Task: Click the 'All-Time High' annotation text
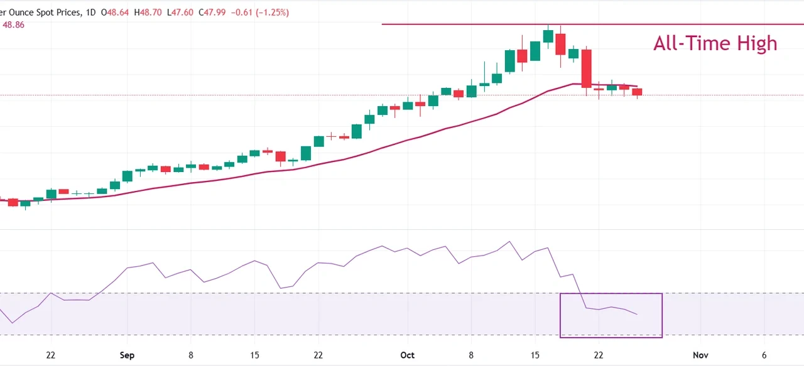point(715,43)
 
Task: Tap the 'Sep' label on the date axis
point(127,355)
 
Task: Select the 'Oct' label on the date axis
point(407,355)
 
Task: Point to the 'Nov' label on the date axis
point(700,355)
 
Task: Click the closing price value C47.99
point(213,13)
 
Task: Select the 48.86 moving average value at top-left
point(13,25)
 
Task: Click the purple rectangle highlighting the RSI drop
point(611,315)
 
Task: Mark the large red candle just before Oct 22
point(586,68)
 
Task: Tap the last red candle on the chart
point(637,92)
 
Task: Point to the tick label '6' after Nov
point(764,355)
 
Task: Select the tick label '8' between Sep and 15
point(191,355)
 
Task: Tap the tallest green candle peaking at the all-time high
point(548,36)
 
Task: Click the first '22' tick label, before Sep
point(51,355)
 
